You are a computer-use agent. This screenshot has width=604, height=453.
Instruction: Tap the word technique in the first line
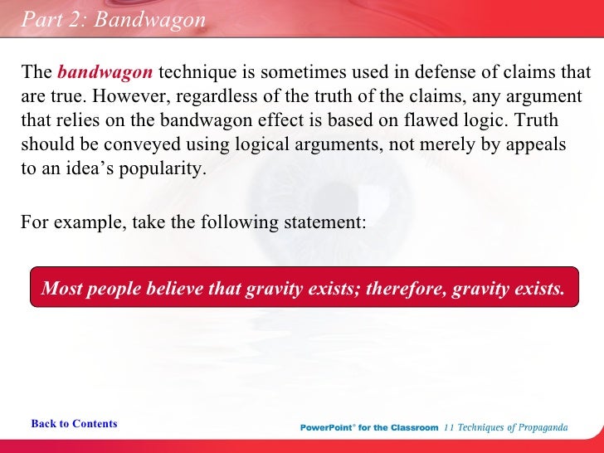(x=200, y=73)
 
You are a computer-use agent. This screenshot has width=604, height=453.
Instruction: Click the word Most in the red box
(x=61, y=288)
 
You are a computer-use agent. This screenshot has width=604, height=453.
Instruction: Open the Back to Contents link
(x=74, y=424)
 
